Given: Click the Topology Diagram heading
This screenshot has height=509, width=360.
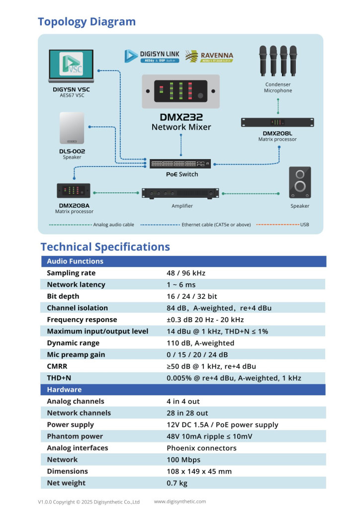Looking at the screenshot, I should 87,22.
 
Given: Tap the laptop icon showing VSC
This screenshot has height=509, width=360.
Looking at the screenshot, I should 71,66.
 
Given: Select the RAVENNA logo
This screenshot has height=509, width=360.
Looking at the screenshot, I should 209,56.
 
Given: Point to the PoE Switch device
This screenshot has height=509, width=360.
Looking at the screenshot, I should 180,163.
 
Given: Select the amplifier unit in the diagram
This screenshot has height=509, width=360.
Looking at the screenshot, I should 180,193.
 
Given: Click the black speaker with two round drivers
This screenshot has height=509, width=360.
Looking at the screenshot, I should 300,182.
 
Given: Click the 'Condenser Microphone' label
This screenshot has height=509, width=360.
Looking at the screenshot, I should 278,87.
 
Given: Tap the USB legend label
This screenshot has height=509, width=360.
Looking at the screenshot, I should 304,225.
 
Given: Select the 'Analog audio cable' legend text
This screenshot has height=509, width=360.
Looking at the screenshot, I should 114,225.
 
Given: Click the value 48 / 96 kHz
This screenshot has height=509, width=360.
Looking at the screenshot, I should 186,273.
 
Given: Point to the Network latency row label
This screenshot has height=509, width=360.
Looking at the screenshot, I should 76,284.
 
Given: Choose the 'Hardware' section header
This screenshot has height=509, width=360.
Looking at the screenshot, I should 64,390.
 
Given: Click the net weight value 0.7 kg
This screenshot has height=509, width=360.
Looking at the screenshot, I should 177,483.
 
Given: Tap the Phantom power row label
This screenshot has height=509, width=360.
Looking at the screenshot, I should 75,436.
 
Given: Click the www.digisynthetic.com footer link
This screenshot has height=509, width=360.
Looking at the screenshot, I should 180,502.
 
